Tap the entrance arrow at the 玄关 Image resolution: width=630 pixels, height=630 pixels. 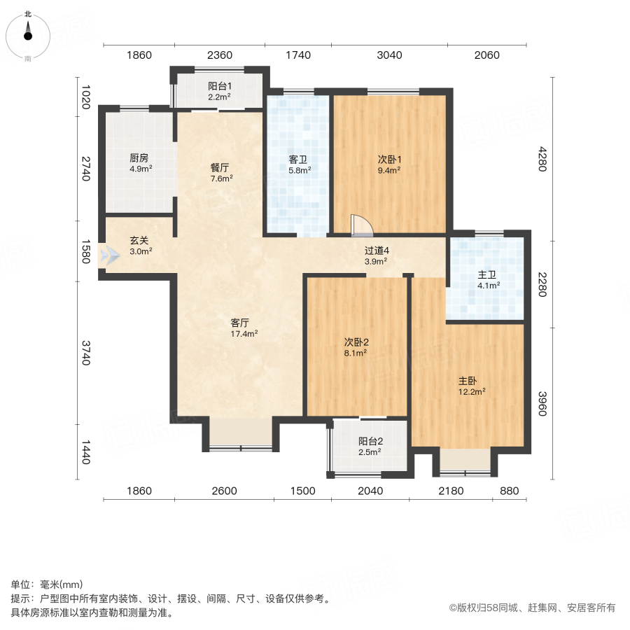click(109, 255)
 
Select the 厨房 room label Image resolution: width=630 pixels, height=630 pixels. click(139, 158)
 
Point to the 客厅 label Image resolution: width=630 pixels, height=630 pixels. click(240, 323)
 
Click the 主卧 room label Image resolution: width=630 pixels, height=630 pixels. click(468, 381)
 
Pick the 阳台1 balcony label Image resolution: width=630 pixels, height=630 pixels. click(219, 87)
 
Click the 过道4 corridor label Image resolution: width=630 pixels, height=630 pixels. click(376, 251)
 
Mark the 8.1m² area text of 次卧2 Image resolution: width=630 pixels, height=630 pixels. click(356, 353)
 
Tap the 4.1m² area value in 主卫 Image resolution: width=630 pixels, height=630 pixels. click(488, 285)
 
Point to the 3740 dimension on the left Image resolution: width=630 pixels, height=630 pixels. click(86, 353)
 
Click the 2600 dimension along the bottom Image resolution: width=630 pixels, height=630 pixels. click(223, 491)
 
